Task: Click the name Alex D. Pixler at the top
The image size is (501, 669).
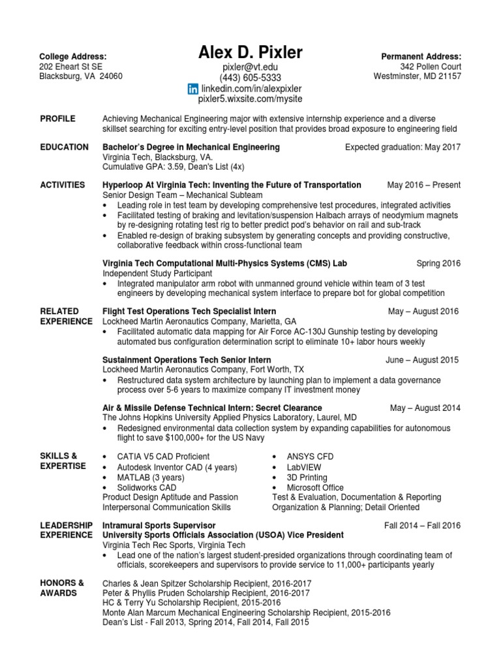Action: [250, 53]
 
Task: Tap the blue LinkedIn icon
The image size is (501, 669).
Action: [192, 88]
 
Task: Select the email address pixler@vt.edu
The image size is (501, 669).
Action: [250, 67]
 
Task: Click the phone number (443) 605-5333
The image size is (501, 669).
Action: [250, 78]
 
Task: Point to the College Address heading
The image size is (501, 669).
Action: [73, 57]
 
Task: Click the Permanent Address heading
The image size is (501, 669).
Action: [421, 57]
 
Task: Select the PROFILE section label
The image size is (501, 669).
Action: [57, 119]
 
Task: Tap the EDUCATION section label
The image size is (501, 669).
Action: [65, 148]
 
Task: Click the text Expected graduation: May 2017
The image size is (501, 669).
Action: [402, 148]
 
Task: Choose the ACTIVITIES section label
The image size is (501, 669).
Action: [63, 186]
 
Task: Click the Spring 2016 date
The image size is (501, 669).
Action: [438, 263]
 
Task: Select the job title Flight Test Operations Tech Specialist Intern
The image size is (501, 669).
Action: [189, 312]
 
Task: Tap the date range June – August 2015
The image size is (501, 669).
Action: [422, 360]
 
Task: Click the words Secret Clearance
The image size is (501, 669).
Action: [288, 408]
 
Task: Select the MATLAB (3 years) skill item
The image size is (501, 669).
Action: [151, 478]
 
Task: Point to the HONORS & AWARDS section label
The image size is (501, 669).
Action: [62, 588]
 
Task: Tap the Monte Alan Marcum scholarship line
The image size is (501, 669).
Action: [247, 613]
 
